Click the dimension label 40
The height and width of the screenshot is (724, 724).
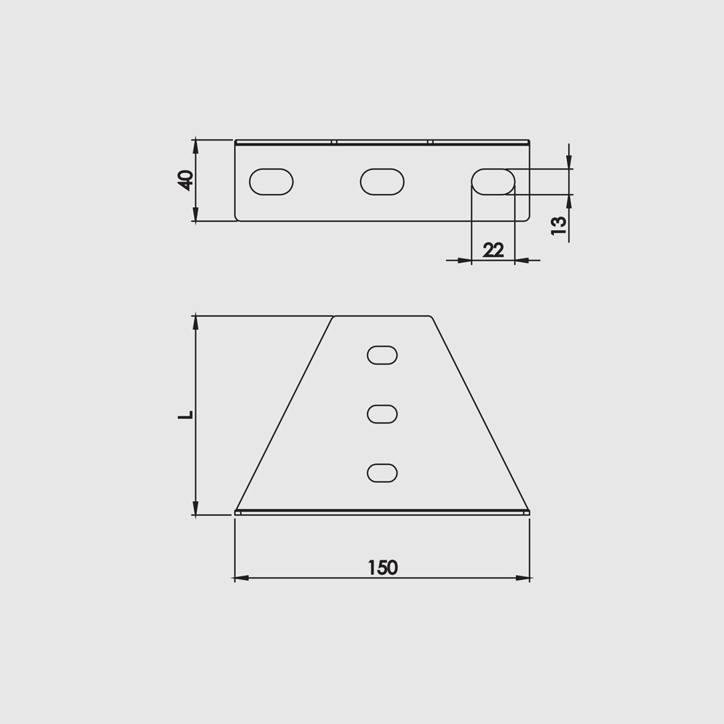(x=185, y=180)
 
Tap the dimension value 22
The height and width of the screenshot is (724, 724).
(x=493, y=250)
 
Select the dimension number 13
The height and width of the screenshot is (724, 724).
(x=559, y=225)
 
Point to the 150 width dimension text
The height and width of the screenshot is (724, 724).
(x=383, y=568)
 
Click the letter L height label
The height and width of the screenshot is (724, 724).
(x=185, y=415)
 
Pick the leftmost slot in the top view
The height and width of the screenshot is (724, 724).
(x=271, y=182)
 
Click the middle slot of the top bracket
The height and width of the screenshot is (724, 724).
(x=382, y=182)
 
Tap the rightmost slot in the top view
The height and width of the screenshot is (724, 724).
(x=493, y=182)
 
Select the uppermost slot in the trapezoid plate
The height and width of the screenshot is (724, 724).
(x=382, y=355)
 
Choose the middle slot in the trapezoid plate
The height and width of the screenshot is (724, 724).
(x=382, y=414)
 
